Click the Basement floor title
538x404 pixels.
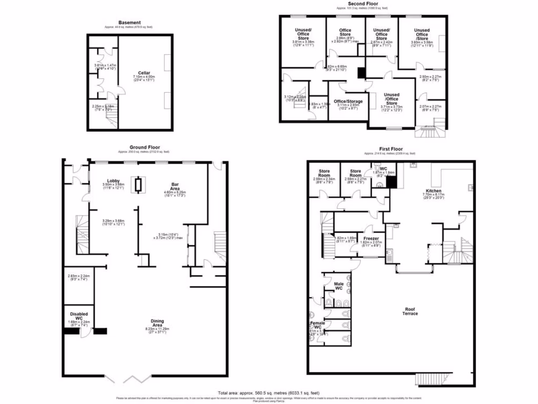129,23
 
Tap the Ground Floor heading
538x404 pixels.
144,147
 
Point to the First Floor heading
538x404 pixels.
389,149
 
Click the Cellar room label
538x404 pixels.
144,73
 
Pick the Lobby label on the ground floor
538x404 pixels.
113,180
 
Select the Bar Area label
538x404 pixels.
176,186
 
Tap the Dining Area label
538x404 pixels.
158,323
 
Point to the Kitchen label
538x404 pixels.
433,190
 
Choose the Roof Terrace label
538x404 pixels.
410,311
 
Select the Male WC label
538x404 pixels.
339,287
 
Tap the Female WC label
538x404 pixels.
317,325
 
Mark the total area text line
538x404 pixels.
268,392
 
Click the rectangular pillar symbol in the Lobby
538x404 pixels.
138,184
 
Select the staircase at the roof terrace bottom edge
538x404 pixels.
433,379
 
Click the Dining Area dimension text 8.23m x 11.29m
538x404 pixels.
158,329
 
